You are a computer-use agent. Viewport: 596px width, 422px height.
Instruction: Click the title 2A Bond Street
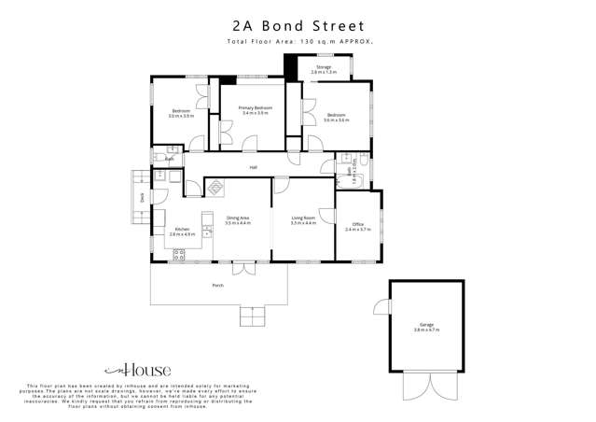(x=298, y=27)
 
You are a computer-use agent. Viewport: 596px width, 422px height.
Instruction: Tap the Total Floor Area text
(x=298, y=43)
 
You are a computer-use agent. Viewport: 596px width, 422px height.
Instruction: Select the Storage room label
(x=324, y=67)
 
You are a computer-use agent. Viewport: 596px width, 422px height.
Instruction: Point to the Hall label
(x=253, y=167)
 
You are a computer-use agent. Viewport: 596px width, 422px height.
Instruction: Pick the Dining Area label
(x=238, y=218)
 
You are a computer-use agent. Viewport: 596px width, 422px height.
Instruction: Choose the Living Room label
(x=303, y=218)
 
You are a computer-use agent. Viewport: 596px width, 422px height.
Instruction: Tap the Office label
(x=357, y=224)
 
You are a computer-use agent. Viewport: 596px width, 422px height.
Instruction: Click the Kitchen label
(x=183, y=230)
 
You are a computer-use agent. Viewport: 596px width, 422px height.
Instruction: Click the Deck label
(x=142, y=197)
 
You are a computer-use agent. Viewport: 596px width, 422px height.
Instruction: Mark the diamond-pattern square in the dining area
(x=215, y=187)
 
